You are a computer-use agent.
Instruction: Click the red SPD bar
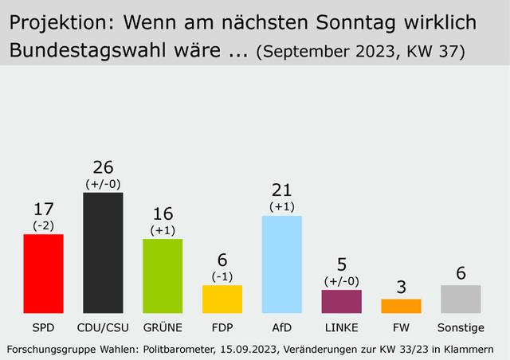(x=44, y=273)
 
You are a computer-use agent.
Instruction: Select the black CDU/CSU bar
(x=103, y=252)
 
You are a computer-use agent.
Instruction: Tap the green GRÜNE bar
(x=163, y=276)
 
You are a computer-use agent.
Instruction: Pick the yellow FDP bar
(x=222, y=299)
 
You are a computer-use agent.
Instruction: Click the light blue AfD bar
(x=282, y=264)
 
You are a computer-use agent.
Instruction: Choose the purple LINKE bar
(x=341, y=301)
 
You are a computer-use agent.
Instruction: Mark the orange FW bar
(x=401, y=306)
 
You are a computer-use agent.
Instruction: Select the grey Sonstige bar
(x=461, y=299)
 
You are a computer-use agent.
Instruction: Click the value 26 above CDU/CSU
(x=103, y=168)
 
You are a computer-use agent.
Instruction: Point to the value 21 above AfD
(x=282, y=190)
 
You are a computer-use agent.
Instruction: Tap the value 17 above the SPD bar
(x=44, y=210)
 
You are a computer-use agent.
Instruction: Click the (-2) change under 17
(x=44, y=225)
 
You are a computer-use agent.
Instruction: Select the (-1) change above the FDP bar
(x=222, y=276)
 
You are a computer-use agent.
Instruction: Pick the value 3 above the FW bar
(x=401, y=287)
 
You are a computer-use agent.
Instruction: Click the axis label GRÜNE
(x=163, y=327)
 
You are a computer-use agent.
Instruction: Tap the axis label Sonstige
(x=461, y=327)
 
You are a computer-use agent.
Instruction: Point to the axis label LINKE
(x=341, y=327)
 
